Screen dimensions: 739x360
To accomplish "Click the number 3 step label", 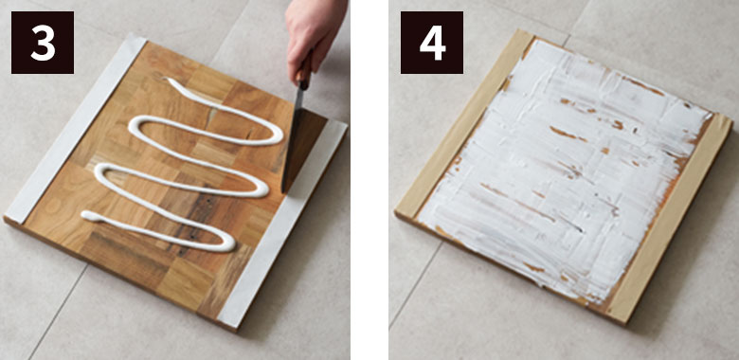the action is [x=43, y=43].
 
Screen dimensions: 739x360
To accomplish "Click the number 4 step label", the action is [x=432, y=43].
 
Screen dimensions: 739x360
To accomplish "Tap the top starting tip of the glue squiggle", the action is [x=169, y=80].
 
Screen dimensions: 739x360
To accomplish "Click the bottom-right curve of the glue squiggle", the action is [x=229, y=244].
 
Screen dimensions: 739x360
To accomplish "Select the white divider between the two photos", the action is [x=369, y=180].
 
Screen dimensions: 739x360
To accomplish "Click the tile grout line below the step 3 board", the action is [x=57, y=312].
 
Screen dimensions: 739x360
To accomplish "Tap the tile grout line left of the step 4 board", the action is [x=415, y=283].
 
